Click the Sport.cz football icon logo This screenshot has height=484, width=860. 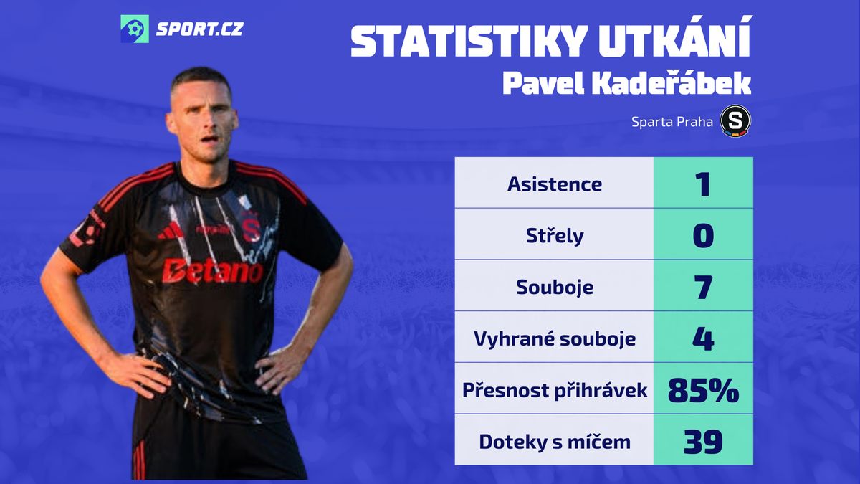pos(135,29)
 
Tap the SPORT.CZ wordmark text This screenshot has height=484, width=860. pos(200,29)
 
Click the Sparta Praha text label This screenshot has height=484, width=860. pos(672,122)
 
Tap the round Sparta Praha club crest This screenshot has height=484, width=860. pos(735,121)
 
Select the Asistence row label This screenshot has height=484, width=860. pos(555,184)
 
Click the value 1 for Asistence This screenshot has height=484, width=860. pos(702,184)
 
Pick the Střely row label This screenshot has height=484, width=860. pos(555,235)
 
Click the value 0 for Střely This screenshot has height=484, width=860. pos(703,235)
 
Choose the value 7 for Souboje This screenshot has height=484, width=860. pos(703,287)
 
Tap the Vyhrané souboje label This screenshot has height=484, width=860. pos(555,338)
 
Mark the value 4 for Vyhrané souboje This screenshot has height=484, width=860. pos(703,338)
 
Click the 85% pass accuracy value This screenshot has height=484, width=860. pos(703,390)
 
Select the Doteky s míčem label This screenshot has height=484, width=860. pos(555,442)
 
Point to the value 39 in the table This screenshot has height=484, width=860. pos(703,442)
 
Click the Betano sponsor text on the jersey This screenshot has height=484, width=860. pos(212,271)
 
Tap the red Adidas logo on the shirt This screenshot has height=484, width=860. pos(171,231)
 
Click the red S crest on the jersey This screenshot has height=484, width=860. pos(252,227)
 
